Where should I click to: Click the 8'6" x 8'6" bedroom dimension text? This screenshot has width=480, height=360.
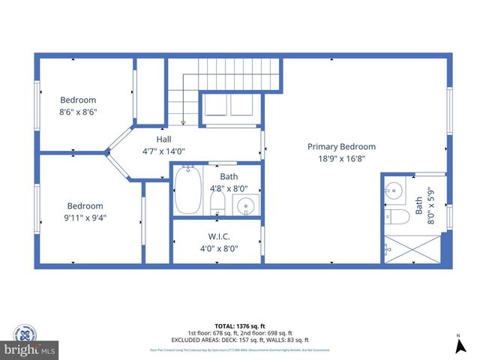coord(79,112)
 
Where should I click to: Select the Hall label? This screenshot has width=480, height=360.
coord(163,139)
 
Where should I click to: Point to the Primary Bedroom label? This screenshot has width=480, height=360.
coord(341,147)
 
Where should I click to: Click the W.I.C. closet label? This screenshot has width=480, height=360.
coord(218,237)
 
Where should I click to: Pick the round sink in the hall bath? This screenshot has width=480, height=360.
coord(246,205)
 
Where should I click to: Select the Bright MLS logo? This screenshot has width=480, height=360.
coord(30,349)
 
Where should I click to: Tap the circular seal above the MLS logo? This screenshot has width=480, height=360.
coord(24,331)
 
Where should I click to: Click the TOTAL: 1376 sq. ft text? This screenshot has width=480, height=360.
coord(239,326)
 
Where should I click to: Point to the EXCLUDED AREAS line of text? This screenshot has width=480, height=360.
coord(240,340)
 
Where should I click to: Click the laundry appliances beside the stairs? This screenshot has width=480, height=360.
coord(229,106)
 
